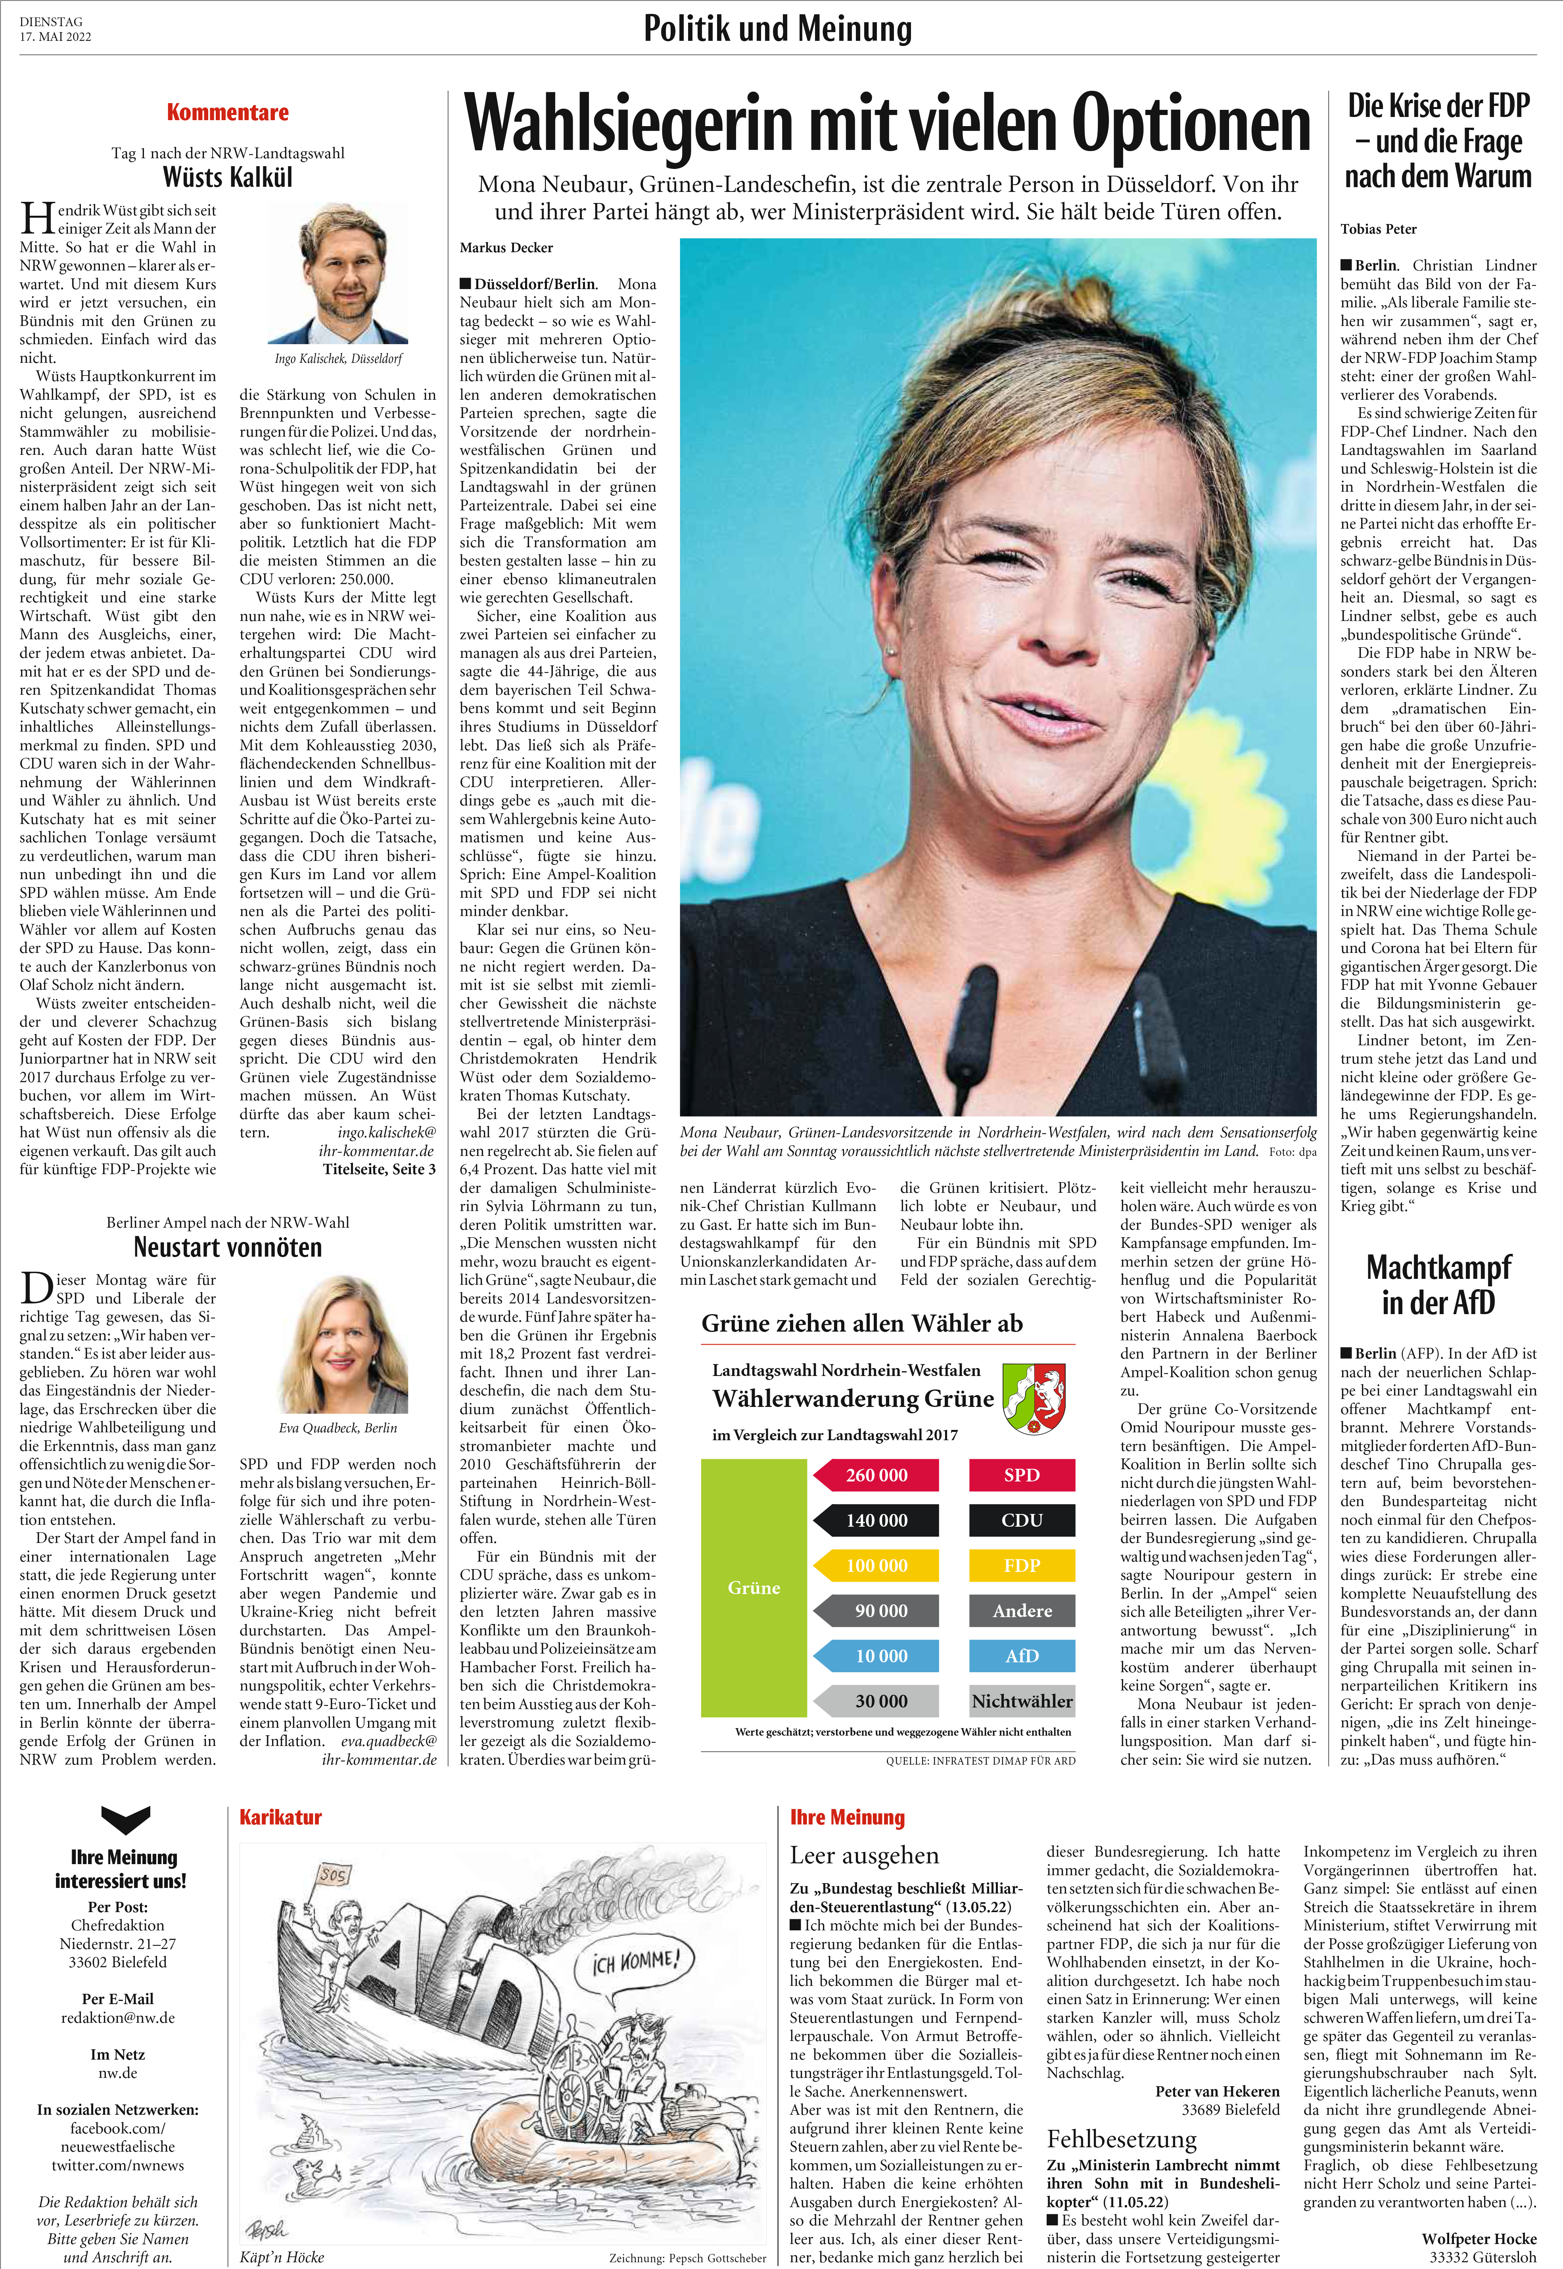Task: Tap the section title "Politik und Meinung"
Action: pos(778,29)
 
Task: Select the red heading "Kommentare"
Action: pos(227,113)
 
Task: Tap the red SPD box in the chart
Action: pos(1021,1475)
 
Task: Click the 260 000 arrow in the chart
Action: pos(875,1475)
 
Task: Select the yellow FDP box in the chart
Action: pos(1021,1565)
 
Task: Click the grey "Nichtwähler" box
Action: pos(1021,1701)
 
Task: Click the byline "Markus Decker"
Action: pos(506,248)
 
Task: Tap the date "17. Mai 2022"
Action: pos(56,37)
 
